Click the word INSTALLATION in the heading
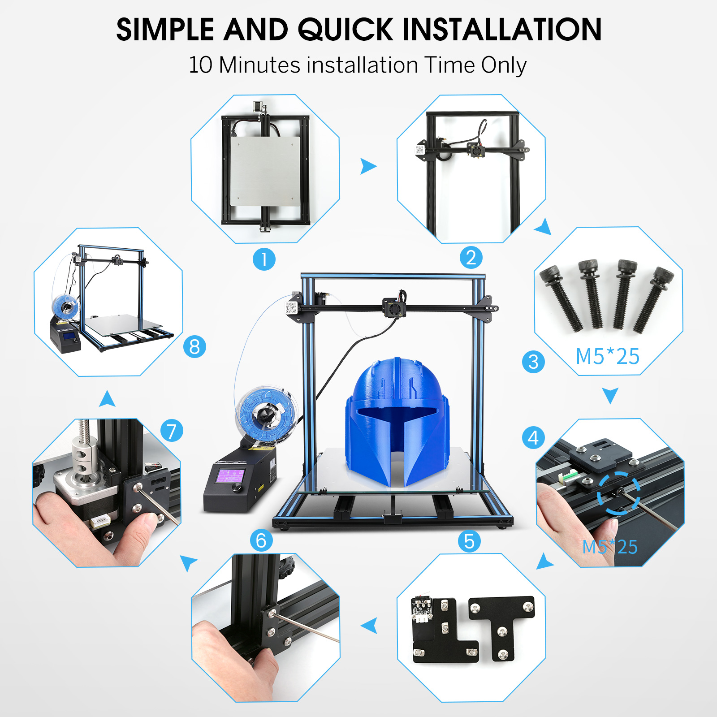click(x=502, y=30)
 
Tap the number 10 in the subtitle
click(x=200, y=65)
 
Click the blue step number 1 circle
click(x=264, y=259)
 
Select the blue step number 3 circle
click(x=533, y=362)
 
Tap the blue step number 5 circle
click(x=469, y=541)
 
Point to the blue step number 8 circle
click(x=194, y=346)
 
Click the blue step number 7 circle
click(x=172, y=431)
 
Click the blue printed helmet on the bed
click(x=397, y=421)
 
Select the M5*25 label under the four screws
click(x=607, y=357)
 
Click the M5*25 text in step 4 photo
click(x=609, y=547)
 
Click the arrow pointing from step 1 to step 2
click(x=368, y=166)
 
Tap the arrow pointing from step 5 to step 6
click(x=369, y=626)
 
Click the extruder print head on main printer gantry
click(x=394, y=308)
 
